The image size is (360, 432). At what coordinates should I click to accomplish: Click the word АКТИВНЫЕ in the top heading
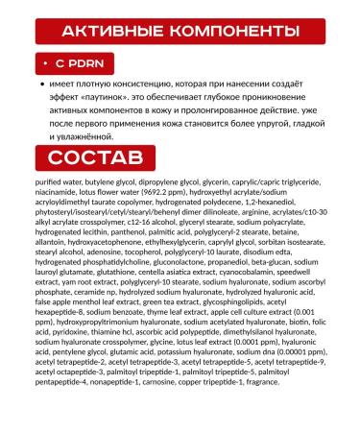(108, 31)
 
